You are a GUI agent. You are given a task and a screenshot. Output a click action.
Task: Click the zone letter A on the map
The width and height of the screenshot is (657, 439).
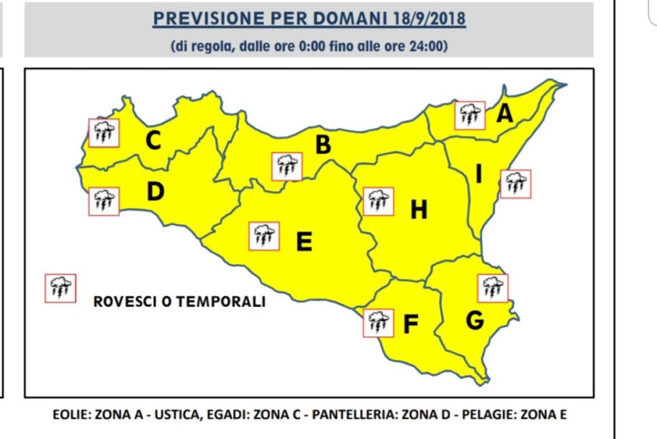[x=505, y=114]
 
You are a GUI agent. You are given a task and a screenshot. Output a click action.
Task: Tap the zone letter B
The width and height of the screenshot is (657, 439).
[x=323, y=145]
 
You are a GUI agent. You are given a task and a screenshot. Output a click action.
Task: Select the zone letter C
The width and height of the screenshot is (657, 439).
[x=153, y=141]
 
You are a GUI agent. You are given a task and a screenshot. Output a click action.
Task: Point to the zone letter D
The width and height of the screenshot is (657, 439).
[x=155, y=191]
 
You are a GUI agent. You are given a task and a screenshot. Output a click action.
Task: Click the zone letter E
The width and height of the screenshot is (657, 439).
[x=304, y=241]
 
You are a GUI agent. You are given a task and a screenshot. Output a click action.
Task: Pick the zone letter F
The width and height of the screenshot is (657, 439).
[x=411, y=324]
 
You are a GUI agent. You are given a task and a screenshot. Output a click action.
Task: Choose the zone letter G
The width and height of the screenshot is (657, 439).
[x=475, y=320]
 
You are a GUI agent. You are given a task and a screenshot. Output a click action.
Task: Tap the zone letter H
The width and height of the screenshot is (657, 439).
[x=419, y=209]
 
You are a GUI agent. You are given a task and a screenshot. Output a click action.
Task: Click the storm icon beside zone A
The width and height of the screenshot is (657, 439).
[x=470, y=115]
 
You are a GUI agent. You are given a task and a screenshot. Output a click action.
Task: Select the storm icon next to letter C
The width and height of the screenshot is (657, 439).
[x=104, y=132]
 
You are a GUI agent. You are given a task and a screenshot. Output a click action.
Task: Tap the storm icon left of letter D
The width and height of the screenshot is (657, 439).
[x=104, y=201]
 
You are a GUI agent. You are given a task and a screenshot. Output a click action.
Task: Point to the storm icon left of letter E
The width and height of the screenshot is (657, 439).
[x=264, y=236]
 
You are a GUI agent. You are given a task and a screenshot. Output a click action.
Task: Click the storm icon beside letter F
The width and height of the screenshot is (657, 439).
[x=378, y=323]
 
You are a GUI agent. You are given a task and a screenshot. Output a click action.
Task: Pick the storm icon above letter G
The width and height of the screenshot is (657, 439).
[x=493, y=288]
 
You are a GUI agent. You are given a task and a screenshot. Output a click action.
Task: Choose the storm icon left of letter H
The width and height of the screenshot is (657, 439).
[x=378, y=201]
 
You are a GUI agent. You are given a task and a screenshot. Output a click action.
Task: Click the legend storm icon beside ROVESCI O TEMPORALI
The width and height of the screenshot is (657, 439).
[x=60, y=288]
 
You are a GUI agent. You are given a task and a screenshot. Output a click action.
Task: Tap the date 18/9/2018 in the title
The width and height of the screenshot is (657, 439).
[x=429, y=18]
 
